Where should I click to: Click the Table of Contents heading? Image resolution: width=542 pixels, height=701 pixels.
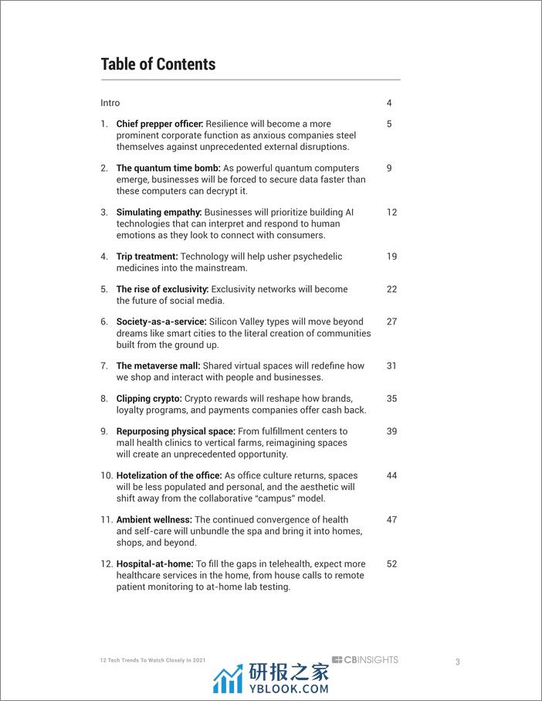point(158,64)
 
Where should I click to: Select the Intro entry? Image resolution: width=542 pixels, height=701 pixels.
point(110,103)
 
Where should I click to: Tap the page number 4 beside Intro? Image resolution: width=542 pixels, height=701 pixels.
point(389,103)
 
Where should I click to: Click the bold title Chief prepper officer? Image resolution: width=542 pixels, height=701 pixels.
point(159,124)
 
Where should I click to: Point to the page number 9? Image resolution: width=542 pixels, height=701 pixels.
point(389,168)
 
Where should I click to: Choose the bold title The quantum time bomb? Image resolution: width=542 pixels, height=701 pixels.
point(168,168)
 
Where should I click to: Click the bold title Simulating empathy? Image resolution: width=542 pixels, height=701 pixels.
point(159,212)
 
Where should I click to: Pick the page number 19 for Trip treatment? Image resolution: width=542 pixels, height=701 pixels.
point(391,256)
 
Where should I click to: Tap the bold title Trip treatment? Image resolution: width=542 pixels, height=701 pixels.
point(147,256)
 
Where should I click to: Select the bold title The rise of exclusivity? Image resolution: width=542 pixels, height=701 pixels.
point(162,289)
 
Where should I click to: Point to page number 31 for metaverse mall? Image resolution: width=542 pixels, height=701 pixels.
point(391,366)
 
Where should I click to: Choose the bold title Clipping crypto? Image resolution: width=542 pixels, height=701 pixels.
point(149,399)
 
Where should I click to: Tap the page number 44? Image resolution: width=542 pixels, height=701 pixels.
point(391,475)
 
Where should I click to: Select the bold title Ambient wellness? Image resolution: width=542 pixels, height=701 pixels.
point(154,519)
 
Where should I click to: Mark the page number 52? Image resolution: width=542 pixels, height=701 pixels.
point(391,564)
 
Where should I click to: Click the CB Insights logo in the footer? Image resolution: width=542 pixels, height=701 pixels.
point(365,659)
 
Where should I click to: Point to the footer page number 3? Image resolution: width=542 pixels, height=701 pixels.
point(457,662)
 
